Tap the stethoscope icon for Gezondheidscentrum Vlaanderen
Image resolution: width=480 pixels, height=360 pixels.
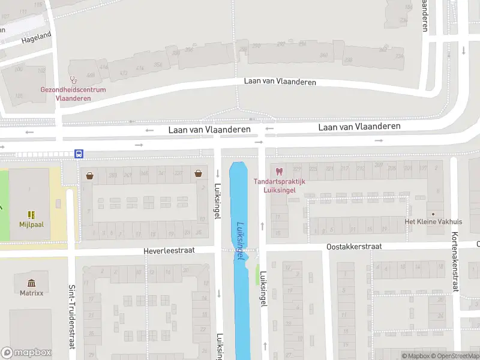[74, 79]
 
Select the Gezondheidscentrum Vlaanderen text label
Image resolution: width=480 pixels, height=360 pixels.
[73, 94]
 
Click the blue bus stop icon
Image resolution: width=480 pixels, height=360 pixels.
[79, 154]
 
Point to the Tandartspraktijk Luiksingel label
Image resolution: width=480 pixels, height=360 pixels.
[280, 185]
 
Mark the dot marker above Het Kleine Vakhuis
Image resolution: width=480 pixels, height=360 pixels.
[433, 214]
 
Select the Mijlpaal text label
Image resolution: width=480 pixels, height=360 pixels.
[31, 224]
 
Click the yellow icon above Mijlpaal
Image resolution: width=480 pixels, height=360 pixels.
[31, 214]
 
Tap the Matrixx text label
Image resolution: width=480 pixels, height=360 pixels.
[31, 293]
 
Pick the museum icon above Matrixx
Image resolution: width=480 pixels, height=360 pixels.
[31, 283]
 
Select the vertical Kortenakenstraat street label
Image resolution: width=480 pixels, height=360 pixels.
[455, 262]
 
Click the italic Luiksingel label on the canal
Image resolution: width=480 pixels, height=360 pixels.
[241, 241]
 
